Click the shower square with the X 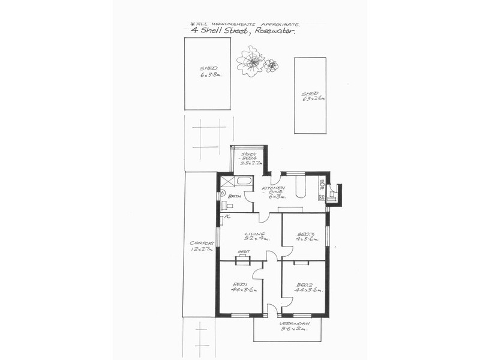coord(227,182)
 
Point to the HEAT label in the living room coord(244,253)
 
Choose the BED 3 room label coord(305,237)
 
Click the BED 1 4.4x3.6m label coord(243,286)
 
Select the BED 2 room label coord(306,286)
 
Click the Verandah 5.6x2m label coord(293,326)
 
